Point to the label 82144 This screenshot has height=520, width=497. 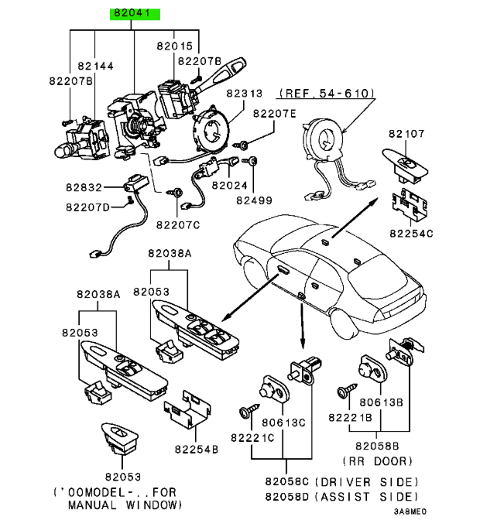[x=94, y=67]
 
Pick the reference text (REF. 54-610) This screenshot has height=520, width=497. [x=327, y=93]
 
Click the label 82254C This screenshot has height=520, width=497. [x=411, y=232]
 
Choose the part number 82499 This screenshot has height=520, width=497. [x=255, y=200]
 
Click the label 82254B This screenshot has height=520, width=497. [x=196, y=448]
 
